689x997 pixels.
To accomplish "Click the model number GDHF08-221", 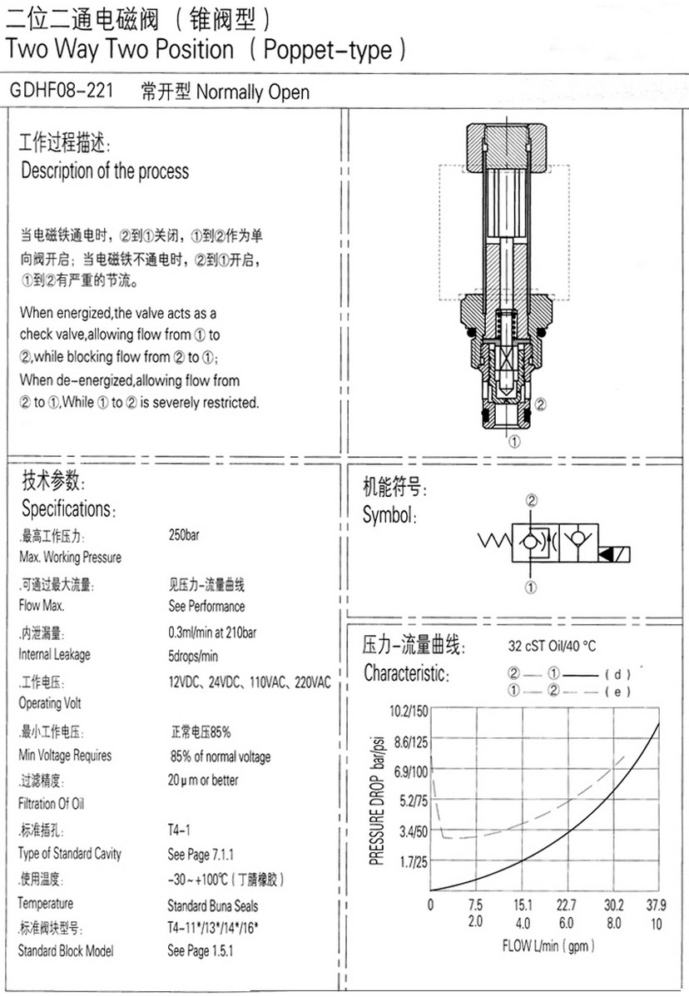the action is (61, 90).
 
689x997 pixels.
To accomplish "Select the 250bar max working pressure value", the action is (184, 535).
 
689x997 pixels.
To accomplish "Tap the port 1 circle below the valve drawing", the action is (514, 440).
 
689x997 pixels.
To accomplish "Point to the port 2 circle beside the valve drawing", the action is (540, 404).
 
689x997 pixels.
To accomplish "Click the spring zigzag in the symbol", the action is (494, 541).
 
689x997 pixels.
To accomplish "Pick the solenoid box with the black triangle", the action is (615, 553).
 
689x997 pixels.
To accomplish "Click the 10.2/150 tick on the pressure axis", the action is (409, 711).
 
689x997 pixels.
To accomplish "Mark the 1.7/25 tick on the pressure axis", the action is (413, 862).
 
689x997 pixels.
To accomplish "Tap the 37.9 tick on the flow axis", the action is (656, 905).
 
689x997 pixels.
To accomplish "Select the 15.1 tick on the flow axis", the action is (523, 905).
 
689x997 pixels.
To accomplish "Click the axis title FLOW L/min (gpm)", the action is (548, 946).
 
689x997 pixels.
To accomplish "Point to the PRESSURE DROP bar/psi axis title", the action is (377, 801).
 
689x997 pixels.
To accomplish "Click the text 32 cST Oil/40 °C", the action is (552, 646).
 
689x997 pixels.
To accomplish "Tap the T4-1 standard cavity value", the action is (179, 830).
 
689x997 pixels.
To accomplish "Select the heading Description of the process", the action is (105, 171).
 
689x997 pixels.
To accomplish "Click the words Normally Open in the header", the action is (253, 92).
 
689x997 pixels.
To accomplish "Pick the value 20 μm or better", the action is (203, 780).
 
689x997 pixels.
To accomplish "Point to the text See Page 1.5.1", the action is (201, 950).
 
